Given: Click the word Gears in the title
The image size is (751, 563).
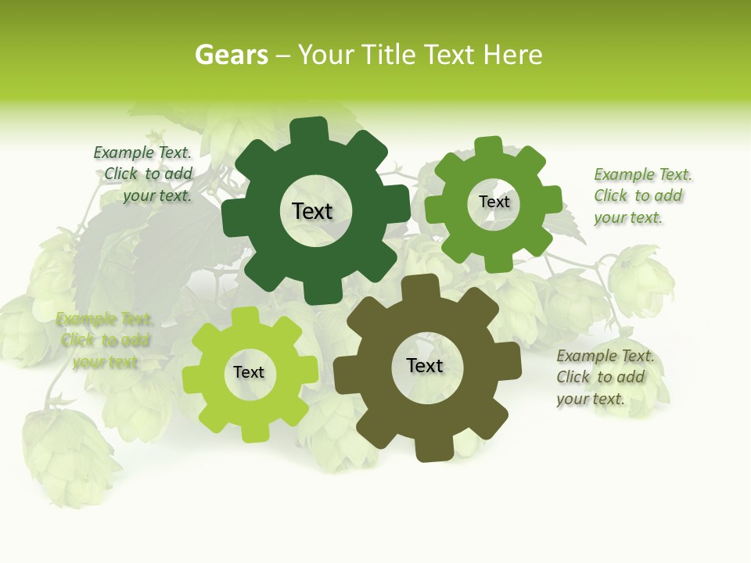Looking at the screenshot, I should click(231, 55).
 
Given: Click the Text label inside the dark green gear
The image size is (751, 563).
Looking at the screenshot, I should click(312, 211).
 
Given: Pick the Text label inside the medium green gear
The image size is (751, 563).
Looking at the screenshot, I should click(494, 202).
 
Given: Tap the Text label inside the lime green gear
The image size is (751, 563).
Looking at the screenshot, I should click(249, 372).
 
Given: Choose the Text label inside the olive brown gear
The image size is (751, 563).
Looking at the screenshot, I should click(425, 365).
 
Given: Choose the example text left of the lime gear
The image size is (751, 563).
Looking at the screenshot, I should click(105, 340).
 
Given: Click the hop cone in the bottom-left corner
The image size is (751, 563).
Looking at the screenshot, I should click(66, 454).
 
